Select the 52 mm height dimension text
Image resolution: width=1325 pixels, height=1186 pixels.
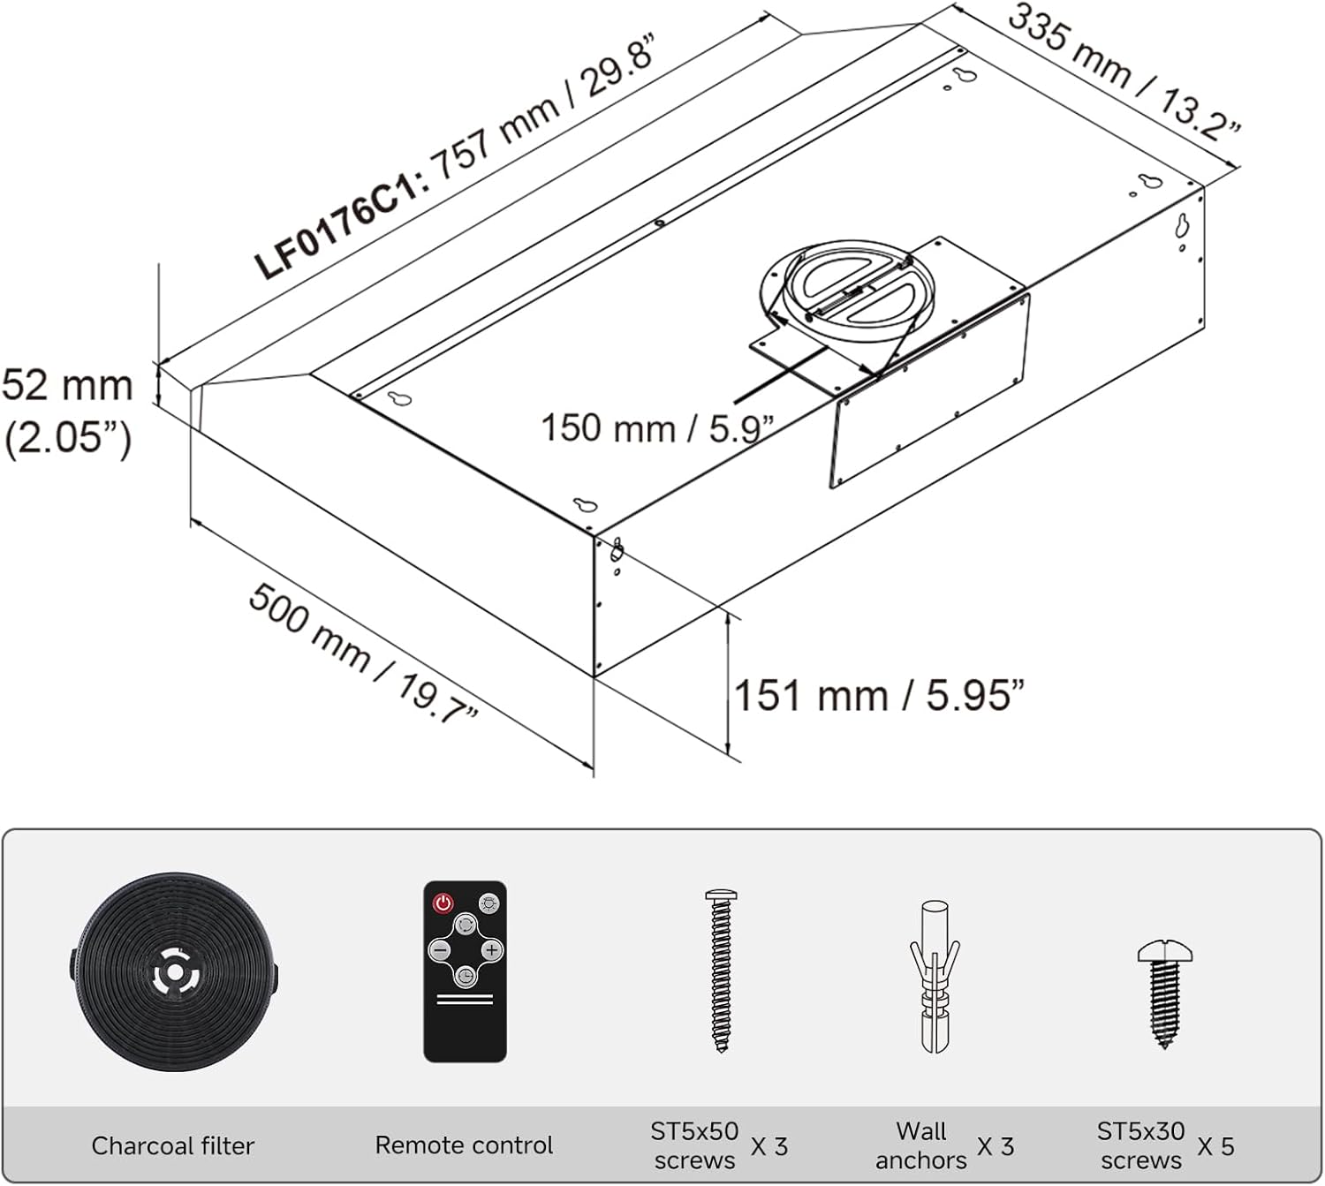tap(67, 386)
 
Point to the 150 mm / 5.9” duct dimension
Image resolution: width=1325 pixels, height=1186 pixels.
tap(657, 429)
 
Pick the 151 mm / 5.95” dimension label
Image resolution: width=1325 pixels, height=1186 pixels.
tap(879, 695)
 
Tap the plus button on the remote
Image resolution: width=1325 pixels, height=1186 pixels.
tap(492, 949)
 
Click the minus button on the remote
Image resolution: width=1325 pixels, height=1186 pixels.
tap(440, 950)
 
